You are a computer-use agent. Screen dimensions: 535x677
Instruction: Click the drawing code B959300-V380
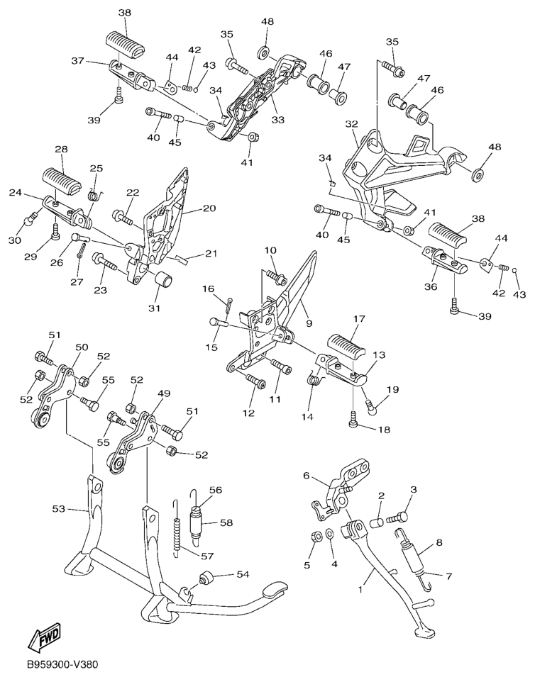[60, 664]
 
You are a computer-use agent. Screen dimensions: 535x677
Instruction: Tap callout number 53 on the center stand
[59, 510]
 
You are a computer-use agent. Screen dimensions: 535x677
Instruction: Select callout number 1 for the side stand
[362, 588]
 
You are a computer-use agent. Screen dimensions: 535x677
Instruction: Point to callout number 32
[352, 124]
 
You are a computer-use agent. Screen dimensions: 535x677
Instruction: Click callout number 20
[209, 208]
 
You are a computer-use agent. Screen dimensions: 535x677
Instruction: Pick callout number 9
[309, 323]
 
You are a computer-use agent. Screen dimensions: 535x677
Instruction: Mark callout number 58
[226, 522]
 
